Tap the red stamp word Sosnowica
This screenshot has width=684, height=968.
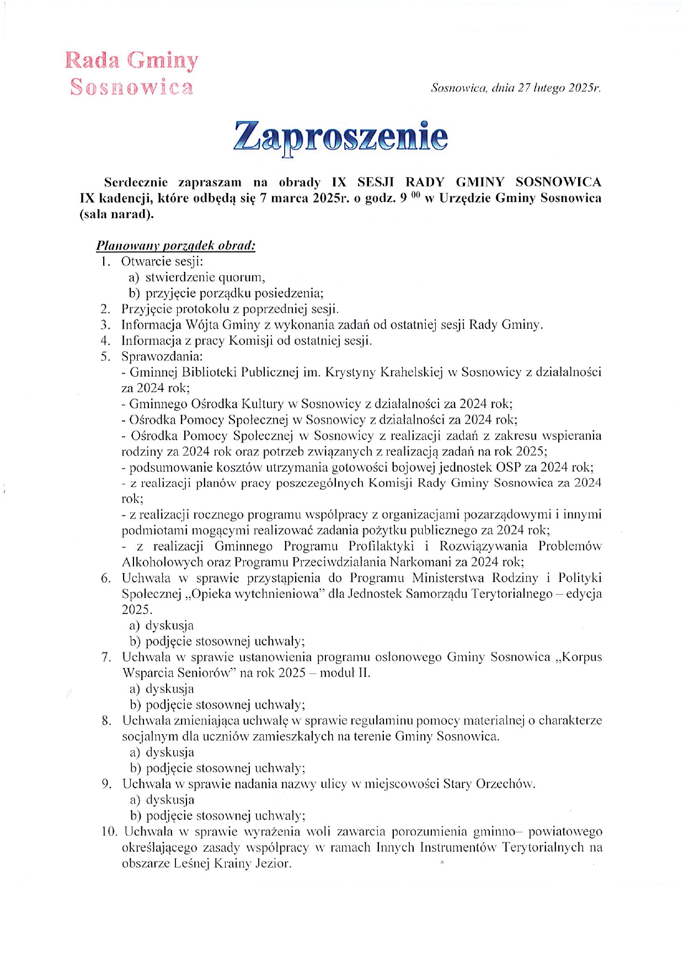[132, 87]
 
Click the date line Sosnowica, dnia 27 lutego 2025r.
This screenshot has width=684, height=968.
[516, 88]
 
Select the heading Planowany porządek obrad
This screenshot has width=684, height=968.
[175, 245]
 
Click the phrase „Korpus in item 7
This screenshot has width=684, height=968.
[580, 657]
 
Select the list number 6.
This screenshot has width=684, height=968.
[106, 578]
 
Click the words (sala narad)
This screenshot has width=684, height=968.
[116, 214]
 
